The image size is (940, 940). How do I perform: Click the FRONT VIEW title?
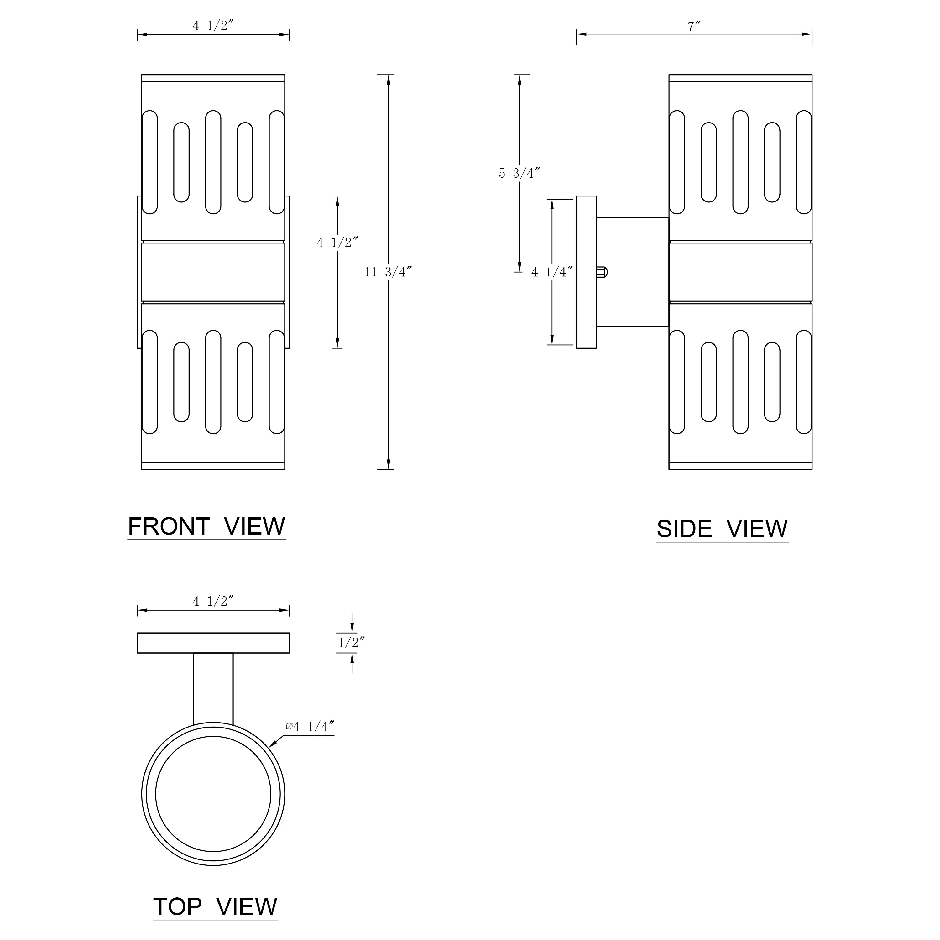pyautogui.click(x=207, y=527)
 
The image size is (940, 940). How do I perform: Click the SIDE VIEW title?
pyautogui.click(x=722, y=529)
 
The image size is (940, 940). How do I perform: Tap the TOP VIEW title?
pyautogui.click(x=215, y=907)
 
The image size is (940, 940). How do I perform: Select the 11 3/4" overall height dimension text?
pyautogui.click(x=388, y=272)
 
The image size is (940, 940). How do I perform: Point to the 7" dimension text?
pyautogui.click(x=694, y=27)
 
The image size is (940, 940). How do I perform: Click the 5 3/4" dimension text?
pyautogui.click(x=520, y=173)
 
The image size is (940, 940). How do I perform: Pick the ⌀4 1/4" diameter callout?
pyautogui.click(x=310, y=726)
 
